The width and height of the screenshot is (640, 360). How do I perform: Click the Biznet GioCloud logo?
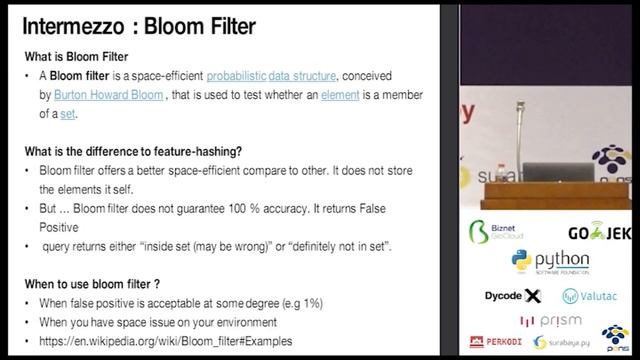[x=498, y=233]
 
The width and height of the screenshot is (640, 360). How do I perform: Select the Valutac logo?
[x=591, y=296]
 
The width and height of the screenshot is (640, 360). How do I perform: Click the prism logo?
[x=548, y=320]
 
